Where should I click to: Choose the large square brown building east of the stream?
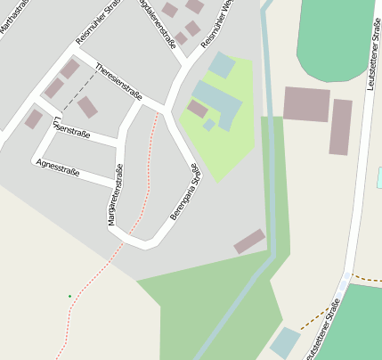click(x=306, y=104)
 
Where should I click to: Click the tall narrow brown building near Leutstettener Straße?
click(x=341, y=127)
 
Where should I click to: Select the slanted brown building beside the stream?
click(x=249, y=241)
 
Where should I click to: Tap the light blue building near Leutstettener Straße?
click(x=286, y=341)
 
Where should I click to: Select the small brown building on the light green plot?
click(x=198, y=108)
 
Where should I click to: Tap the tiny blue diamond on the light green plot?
click(x=208, y=126)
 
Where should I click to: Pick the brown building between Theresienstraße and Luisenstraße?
click(x=87, y=108)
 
